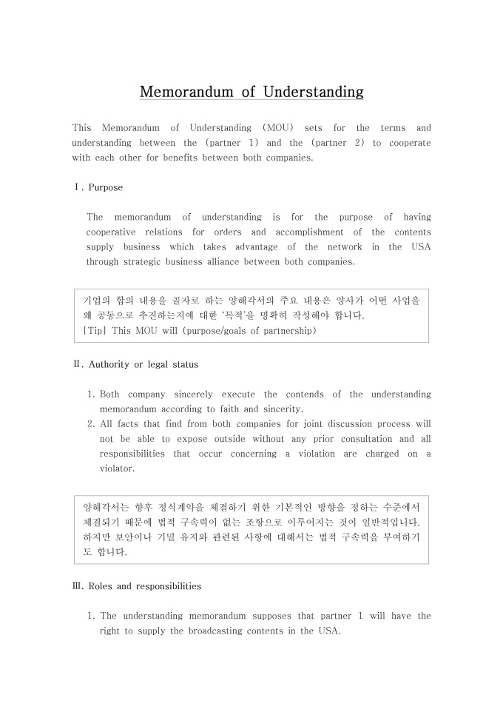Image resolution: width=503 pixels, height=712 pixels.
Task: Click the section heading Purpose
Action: coord(106,187)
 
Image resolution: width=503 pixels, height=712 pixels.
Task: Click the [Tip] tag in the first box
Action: coord(95,330)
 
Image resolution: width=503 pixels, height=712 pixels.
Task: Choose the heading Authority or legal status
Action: coord(144,364)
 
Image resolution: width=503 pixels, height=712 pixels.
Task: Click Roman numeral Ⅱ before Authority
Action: coord(78,364)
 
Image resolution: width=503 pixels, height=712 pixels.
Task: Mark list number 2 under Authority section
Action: coord(91,424)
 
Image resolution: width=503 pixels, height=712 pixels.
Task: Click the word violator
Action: coord(116,468)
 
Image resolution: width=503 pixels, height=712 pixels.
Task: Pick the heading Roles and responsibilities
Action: coord(145,585)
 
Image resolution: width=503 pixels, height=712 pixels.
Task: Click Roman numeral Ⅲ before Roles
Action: coord(78,585)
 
